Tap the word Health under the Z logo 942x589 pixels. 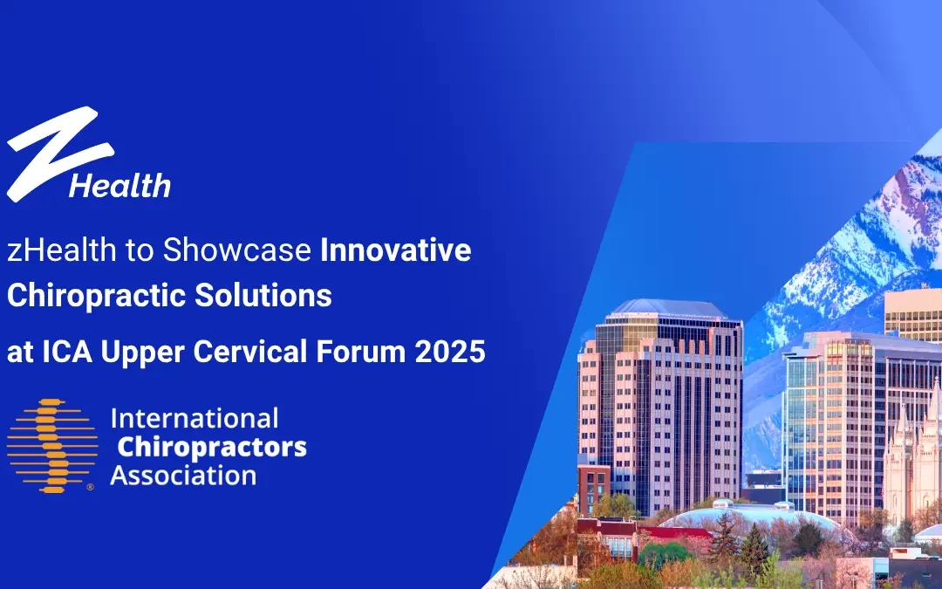pyautogui.click(x=119, y=186)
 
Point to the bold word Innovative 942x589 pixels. pyautogui.click(x=396, y=251)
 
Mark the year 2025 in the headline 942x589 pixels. pyautogui.click(x=450, y=352)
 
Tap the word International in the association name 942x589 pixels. pyautogui.click(x=195, y=418)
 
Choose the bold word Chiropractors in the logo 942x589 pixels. pyautogui.click(x=212, y=447)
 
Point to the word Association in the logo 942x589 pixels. pyautogui.click(x=183, y=476)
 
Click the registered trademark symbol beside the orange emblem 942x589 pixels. pyautogui.click(x=90, y=489)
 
